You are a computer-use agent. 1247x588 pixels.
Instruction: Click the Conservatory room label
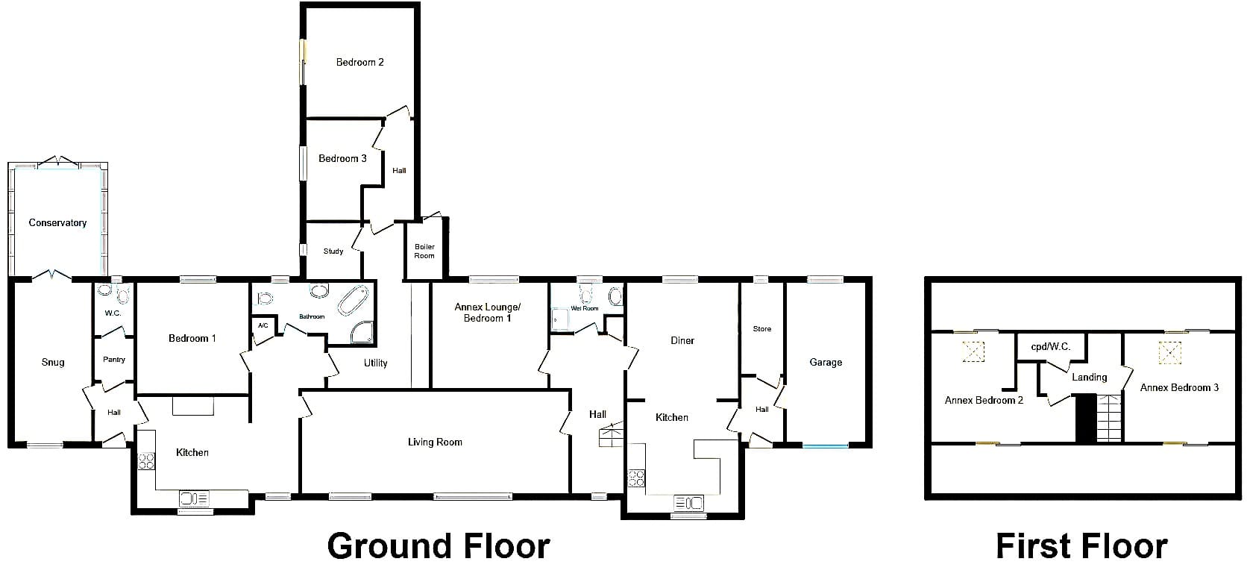click(57, 222)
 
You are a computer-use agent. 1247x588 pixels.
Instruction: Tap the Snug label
click(53, 363)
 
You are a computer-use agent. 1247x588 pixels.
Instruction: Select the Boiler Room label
click(424, 251)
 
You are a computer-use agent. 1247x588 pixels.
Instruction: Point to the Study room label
click(333, 251)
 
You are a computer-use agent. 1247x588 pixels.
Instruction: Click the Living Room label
click(435, 442)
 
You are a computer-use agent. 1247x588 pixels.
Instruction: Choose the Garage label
click(826, 363)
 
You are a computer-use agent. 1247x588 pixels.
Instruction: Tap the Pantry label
click(114, 360)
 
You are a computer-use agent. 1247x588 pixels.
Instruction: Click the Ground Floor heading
click(439, 545)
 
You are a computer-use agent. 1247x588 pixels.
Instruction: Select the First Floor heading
click(1081, 545)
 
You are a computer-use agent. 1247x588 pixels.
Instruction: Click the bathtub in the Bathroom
click(353, 301)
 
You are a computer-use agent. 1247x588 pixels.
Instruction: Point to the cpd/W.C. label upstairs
click(1051, 347)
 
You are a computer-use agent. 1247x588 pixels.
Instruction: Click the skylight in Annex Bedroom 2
click(974, 351)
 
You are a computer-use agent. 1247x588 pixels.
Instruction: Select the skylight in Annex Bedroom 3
click(1169, 352)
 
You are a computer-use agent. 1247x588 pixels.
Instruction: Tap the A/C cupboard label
click(263, 326)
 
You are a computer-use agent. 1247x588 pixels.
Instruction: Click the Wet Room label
click(585, 308)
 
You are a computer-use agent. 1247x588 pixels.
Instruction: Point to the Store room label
click(762, 329)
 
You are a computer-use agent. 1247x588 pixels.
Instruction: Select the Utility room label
click(375, 363)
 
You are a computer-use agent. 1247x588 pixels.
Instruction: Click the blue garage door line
click(826, 445)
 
